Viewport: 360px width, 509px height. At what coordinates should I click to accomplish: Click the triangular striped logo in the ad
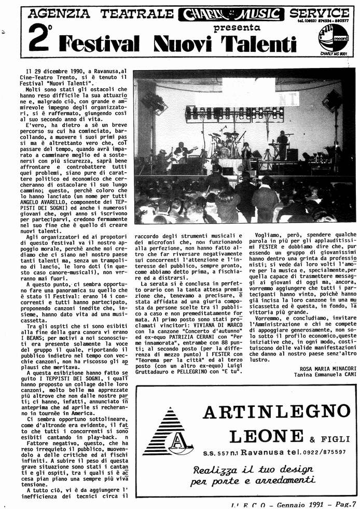[x=164, y=431]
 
